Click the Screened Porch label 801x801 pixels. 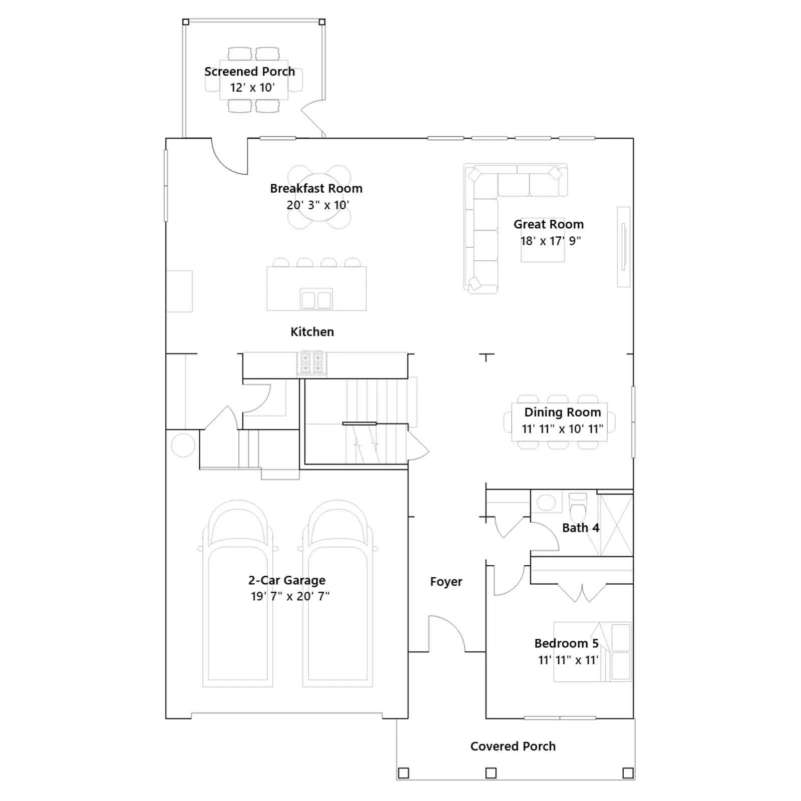pos(249,72)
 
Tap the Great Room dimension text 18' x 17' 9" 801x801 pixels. pos(550,241)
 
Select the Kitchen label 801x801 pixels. pos(312,332)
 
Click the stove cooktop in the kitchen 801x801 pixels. pos(311,363)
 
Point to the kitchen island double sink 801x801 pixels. pos(316,299)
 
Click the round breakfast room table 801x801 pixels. pos(319,197)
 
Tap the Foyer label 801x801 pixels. pos(446,582)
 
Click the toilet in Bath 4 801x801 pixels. pos(578,507)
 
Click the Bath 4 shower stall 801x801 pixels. pos(616,525)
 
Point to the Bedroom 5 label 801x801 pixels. pos(566,643)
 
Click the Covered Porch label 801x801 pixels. pos(513,746)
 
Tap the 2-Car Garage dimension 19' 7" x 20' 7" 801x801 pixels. pos(290,596)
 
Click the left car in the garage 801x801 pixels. pos(237,594)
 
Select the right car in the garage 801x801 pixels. pos(337,594)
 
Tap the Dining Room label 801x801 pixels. pos(562,412)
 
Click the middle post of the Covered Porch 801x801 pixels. pos(491,773)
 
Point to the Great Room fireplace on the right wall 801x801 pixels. pos(623,247)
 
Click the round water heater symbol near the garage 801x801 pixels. pos(183,445)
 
